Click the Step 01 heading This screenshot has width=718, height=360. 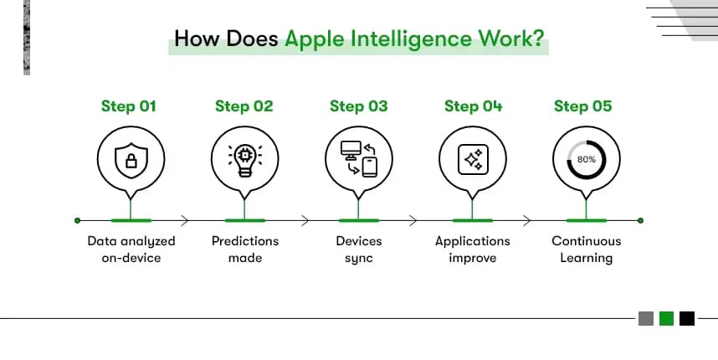click(x=129, y=106)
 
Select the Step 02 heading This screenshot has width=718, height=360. click(x=244, y=106)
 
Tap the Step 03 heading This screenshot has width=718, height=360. click(x=358, y=106)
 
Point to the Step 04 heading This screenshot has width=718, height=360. click(x=473, y=106)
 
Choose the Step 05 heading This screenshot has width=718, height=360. click(x=582, y=106)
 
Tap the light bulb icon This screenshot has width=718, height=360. click(x=244, y=160)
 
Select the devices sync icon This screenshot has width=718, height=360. click(x=359, y=159)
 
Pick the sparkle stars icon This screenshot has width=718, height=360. click(x=473, y=159)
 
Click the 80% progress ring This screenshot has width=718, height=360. click(x=586, y=159)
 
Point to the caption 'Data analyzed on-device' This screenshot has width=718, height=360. click(x=131, y=249)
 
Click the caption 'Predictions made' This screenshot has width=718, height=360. click(x=244, y=249)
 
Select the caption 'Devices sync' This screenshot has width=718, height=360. click(x=358, y=249)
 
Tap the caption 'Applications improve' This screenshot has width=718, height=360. click(x=473, y=249)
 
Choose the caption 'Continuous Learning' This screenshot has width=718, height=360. click(x=586, y=249)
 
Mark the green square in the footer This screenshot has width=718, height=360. click(x=667, y=318)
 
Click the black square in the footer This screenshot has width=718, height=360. click(x=687, y=318)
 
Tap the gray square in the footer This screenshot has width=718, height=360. click(x=646, y=318)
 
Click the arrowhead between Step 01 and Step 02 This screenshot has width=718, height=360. click(x=184, y=220)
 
